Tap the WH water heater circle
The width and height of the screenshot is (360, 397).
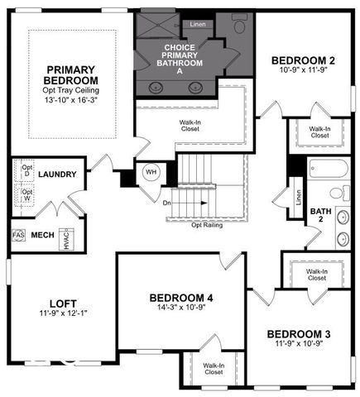[151, 172]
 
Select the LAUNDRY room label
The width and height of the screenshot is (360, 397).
[57, 175]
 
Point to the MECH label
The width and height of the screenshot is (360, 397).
[42, 236]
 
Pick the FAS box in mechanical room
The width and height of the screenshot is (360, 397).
[18, 236]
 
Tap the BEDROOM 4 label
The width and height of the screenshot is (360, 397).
[181, 297]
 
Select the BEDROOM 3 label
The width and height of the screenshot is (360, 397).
[299, 334]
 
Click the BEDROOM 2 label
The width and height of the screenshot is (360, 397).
[305, 60]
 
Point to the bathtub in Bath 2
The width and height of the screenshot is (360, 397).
[327, 170]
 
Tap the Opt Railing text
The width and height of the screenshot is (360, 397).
[207, 224]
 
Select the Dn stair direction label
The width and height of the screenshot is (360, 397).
[166, 202]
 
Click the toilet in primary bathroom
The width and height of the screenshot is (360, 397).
[241, 25]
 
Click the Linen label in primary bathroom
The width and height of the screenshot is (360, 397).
[199, 24]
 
